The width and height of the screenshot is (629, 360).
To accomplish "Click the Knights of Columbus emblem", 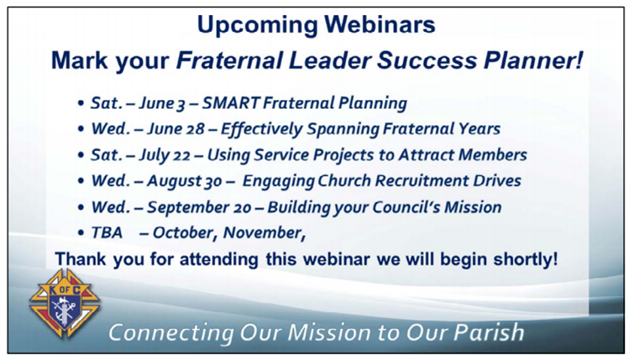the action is tap(64, 303).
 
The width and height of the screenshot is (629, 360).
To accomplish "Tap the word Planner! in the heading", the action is tap(533, 60).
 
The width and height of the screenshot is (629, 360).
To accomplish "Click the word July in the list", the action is tap(154, 155).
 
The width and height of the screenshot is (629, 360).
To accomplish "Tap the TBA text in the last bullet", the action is tap(107, 233).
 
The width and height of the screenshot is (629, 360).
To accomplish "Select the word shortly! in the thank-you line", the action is tap(526, 259).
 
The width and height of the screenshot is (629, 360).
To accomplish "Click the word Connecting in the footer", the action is tap(170, 333).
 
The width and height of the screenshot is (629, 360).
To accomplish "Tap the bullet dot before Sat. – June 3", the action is tap(81, 103).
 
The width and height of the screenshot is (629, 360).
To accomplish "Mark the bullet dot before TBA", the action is tap(81, 233).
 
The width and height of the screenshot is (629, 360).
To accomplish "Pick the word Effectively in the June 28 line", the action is tap(261, 129).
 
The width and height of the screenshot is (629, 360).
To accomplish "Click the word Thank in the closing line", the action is tap(81, 259).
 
